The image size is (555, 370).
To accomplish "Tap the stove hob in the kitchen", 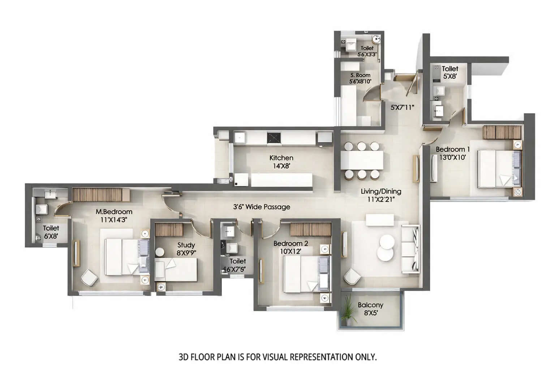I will tap(274, 138).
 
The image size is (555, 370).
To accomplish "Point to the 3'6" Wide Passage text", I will tap(261, 207).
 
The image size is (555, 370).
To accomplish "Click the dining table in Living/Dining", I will tap(362, 160).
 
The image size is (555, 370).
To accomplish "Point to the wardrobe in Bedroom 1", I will tap(502, 132).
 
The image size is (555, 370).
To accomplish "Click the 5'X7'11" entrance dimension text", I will tap(402, 107).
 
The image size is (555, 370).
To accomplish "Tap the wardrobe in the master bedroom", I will tap(100, 195).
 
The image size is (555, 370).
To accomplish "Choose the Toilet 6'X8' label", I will tap(51, 232).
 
